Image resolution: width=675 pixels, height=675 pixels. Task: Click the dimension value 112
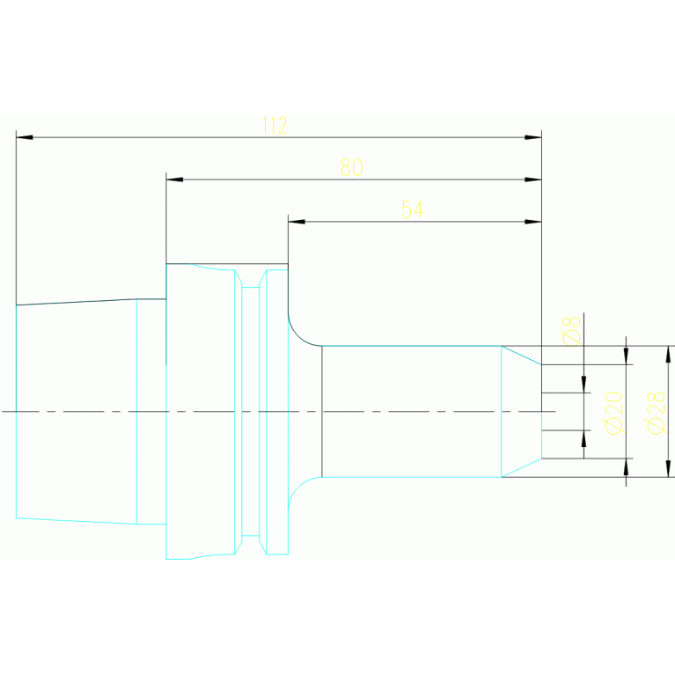(x=275, y=126)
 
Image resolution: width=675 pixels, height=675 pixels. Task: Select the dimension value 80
(x=352, y=168)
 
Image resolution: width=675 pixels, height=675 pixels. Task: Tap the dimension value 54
(x=412, y=209)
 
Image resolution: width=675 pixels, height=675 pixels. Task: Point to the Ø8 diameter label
(x=571, y=330)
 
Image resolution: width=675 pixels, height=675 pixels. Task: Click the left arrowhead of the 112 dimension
(x=24, y=137)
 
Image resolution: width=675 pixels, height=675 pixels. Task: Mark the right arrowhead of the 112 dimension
(x=533, y=137)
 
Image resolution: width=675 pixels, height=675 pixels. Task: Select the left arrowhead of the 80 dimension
(x=174, y=180)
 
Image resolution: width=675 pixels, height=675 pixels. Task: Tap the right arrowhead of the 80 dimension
(x=533, y=180)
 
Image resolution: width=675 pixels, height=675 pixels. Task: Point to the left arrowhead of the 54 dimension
(x=296, y=222)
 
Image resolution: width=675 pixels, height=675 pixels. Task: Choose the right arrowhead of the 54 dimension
(x=533, y=222)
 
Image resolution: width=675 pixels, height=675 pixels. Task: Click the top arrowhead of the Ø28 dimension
(x=668, y=354)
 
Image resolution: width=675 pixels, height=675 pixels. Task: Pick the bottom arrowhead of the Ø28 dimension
(x=668, y=469)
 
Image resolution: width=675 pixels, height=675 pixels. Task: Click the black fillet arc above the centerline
(x=299, y=334)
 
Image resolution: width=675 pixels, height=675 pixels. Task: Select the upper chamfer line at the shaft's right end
(x=521, y=355)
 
